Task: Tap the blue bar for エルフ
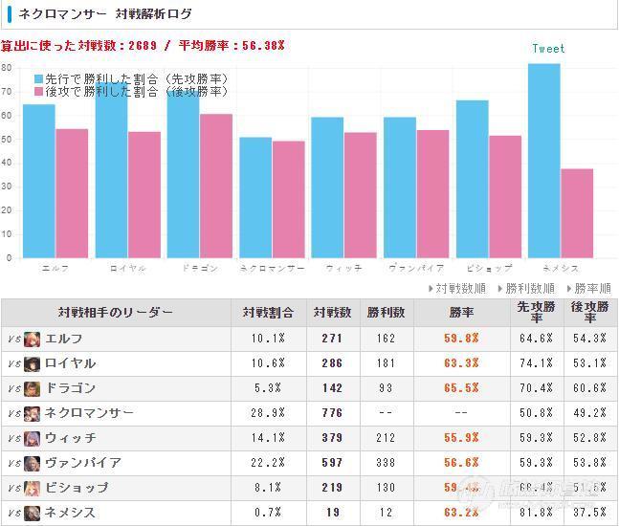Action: [x=39, y=181]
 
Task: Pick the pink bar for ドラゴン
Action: [x=216, y=186]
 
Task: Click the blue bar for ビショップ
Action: [x=473, y=179]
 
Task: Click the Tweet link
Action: [x=548, y=49]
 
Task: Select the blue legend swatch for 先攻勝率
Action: [x=39, y=78]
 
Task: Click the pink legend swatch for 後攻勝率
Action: [x=39, y=92]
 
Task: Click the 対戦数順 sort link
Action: [x=460, y=288]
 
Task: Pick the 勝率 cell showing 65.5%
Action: [x=461, y=388]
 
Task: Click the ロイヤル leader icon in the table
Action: [x=32, y=363]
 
